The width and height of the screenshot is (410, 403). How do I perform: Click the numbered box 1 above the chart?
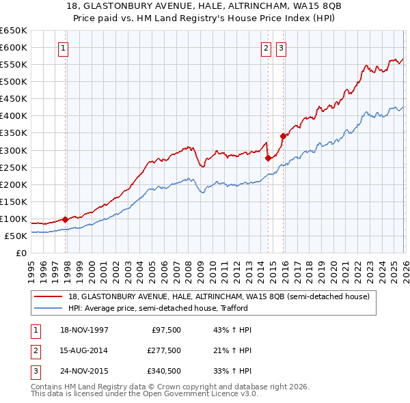coord(63,48)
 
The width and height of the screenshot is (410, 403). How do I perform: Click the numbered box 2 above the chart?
coord(265,48)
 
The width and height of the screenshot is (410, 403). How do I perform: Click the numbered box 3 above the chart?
coord(281,48)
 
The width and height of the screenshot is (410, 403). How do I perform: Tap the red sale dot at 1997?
coord(66,219)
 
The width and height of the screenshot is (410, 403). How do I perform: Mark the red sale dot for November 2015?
coord(283,136)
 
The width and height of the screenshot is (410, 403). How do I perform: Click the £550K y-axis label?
coord(14,65)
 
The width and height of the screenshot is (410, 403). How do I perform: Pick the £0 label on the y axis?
coord(20,253)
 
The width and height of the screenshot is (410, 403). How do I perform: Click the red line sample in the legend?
coord(49,296)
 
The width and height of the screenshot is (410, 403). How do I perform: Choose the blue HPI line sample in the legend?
coord(49,308)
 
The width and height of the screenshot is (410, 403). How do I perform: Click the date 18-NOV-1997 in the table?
coord(84,330)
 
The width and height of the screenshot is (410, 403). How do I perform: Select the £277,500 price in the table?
coord(163,351)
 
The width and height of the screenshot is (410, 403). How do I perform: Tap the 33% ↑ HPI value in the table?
coord(232,372)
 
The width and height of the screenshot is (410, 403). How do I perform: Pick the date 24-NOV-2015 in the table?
coord(84,372)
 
